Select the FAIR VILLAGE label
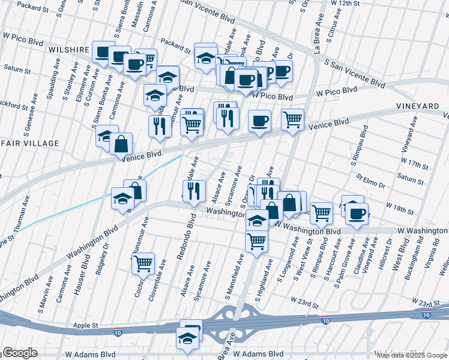[29, 143]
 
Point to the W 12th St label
[352, 4]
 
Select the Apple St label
[86, 325]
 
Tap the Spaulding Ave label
[53, 83]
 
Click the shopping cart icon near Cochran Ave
[143, 263]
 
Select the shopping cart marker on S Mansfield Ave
[256, 241]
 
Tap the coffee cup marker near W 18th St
[357, 213]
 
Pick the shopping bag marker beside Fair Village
[121, 143]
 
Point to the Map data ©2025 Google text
[412, 355]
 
